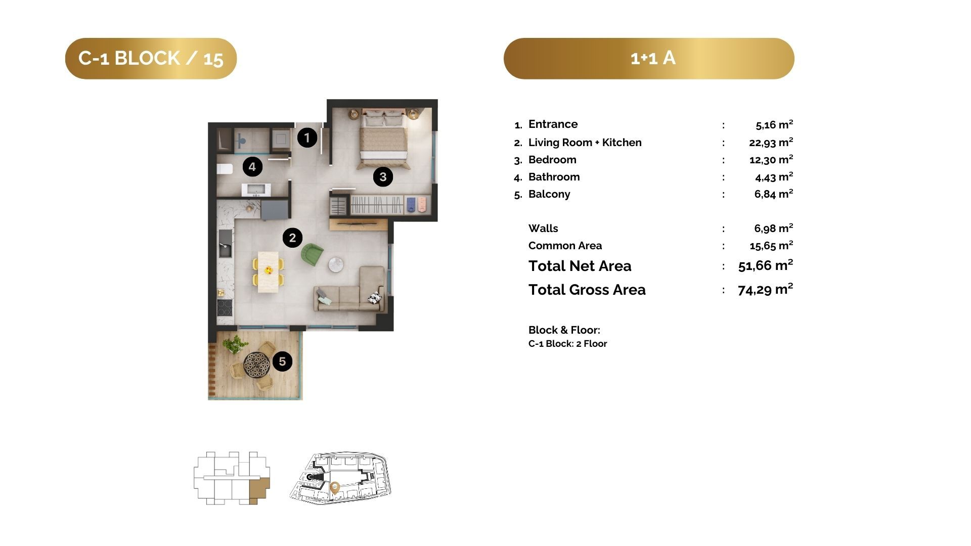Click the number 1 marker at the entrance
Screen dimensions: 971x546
pyautogui.click(x=307, y=138)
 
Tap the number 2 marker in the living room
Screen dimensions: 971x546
pyautogui.click(x=292, y=238)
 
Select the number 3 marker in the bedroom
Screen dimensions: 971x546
pyautogui.click(x=383, y=177)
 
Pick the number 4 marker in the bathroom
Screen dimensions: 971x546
pyautogui.click(x=252, y=166)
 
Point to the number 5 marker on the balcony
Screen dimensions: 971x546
pyautogui.click(x=282, y=361)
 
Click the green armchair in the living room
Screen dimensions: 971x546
pyautogui.click(x=312, y=254)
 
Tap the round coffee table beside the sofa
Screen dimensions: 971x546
pyautogui.click(x=336, y=265)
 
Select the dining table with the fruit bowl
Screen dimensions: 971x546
pyautogui.click(x=269, y=271)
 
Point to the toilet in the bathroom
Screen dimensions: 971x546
pyautogui.click(x=225, y=168)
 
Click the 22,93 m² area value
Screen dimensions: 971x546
pyautogui.click(x=771, y=142)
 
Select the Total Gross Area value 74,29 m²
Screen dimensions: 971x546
pyautogui.click(x=765, y=289)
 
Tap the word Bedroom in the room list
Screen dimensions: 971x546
pyautogui.click(x=552, y=160)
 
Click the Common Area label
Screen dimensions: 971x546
pyautogui.click(x=565, y=246)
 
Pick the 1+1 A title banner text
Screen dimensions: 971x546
pyautogui.click(x=653, y=58)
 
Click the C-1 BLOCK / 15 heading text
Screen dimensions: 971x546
pyautogui.click(x=151, y=58)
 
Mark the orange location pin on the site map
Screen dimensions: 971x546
pyautogui.click(x=334, y=488)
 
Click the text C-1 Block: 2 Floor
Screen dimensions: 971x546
pyautogui.click(x=567, y=344)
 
